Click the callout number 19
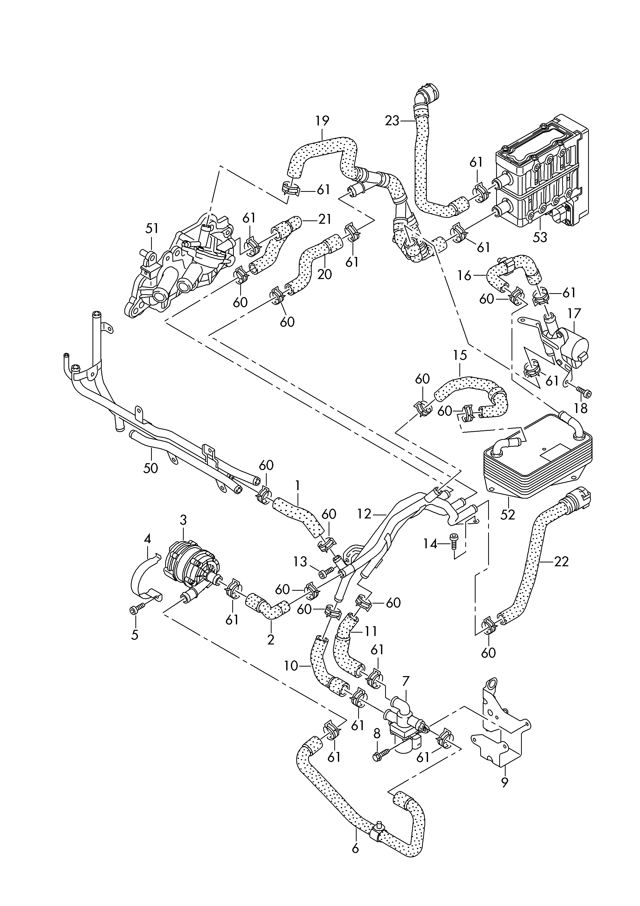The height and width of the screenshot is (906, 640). tap(322, 121)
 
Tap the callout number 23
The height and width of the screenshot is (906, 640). tap(392, 121)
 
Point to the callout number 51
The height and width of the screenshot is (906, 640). tap(152, 228)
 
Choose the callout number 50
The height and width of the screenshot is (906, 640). tap(151, 468)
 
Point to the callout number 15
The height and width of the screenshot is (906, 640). tap(460, 355)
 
